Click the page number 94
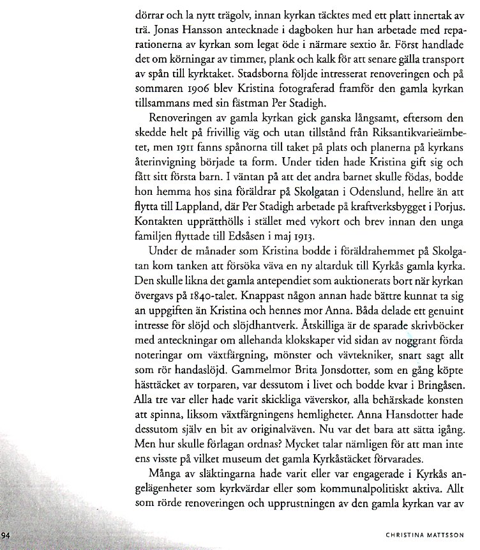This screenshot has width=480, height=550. [x=6, y=535]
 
